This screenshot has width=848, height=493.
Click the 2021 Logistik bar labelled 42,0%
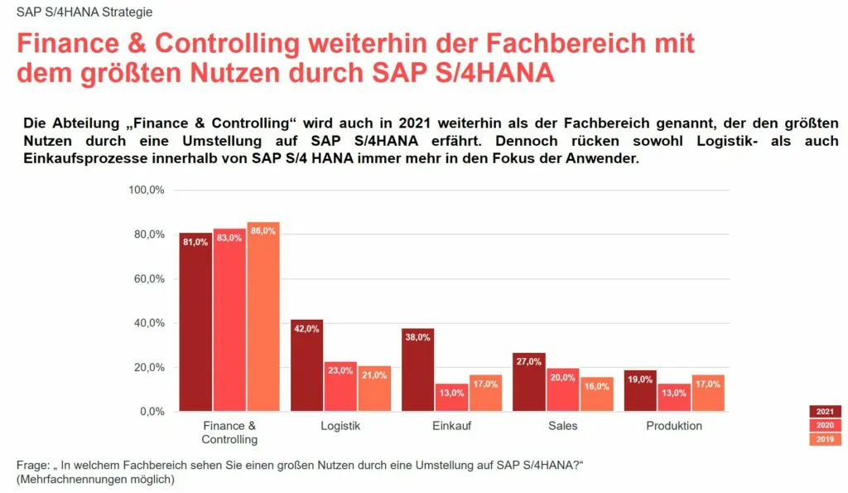click(306, 365)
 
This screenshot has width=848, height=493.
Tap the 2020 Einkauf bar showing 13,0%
click(451, 397)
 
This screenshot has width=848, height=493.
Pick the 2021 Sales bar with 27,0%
click(529, 382)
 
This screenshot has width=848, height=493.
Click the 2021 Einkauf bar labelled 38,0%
click(418, 370)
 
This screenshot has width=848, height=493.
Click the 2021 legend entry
click(825, 412)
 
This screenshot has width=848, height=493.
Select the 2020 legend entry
click(825, 425)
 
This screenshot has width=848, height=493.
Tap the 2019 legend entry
click(825, 439)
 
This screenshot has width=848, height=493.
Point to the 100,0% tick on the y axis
click(147, 191)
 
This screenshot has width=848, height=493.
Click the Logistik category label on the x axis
click(340, 426)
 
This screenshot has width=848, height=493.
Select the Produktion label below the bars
click(674, 426)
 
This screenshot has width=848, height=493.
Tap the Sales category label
click(563, 426)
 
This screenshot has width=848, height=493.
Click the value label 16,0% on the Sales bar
click(596, 386)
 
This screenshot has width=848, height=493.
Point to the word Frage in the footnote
click(33, 464)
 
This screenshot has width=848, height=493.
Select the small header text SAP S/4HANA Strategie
click(84, 12)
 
